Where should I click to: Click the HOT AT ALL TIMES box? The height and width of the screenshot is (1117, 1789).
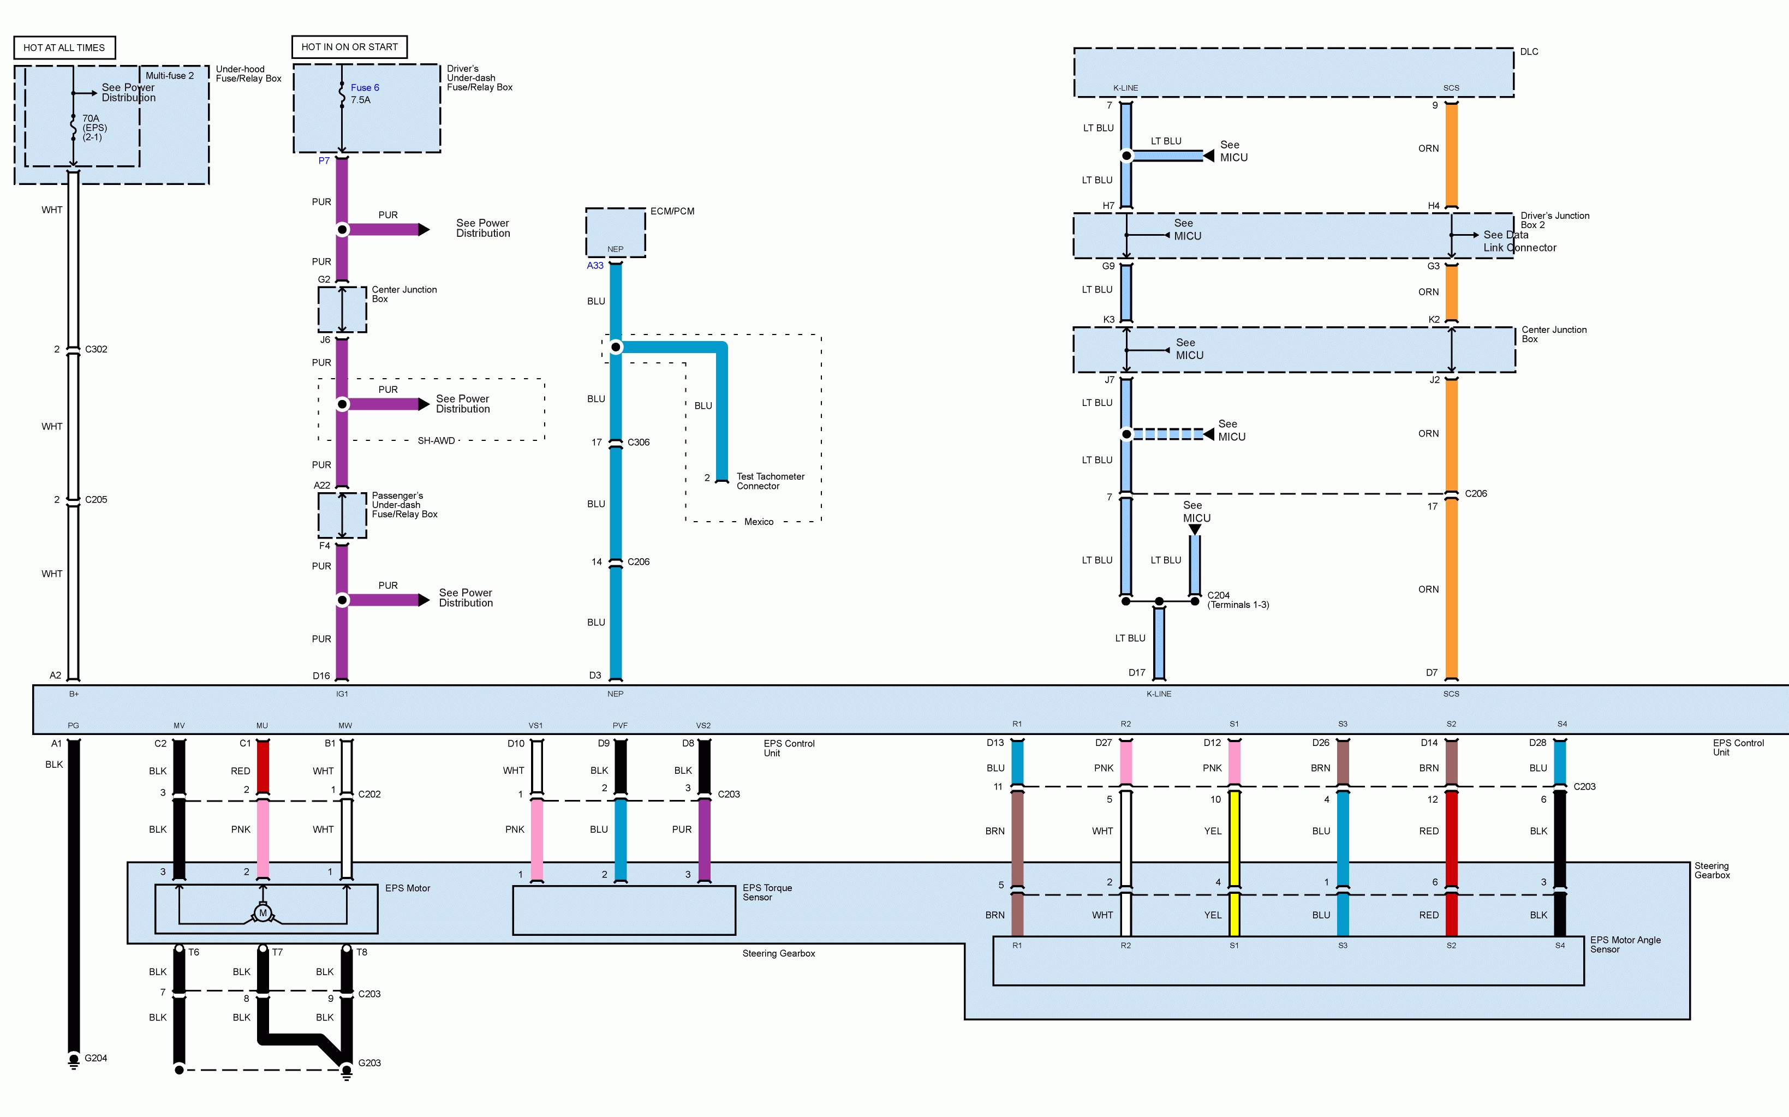(x=64, y=47)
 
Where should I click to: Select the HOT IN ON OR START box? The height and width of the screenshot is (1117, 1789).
(x=349, y=46)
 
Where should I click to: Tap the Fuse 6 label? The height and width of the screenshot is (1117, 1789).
(x=365, y=87)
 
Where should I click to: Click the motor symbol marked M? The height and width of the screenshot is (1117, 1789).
(x=263, y=913)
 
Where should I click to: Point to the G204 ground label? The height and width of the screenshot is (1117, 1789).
(x=96, y=1058)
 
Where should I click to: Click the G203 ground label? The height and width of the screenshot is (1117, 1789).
(x=369, y=1063)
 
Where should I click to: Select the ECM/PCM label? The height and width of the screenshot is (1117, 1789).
(x=672, y=211)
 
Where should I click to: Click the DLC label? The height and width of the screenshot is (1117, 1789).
(x=1529, y=52)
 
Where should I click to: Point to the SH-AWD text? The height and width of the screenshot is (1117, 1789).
(x=436, y=441)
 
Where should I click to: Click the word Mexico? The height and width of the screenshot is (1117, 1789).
(x=759, y=522)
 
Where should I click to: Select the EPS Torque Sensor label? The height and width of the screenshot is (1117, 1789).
(x=767, y=892)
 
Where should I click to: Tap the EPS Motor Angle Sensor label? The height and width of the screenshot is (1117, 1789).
(x=1625, y=945)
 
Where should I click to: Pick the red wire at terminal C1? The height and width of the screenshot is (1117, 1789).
(x=262, y=767)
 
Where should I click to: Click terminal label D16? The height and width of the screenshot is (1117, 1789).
(x=321, y=675)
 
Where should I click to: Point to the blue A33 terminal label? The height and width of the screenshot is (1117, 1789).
(x=595, y=266)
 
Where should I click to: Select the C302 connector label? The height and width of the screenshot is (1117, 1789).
(x=96, y=349)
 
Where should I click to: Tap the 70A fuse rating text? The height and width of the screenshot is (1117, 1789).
(x=91, y=118)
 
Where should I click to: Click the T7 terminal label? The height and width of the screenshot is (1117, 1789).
(x=277, y=952)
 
